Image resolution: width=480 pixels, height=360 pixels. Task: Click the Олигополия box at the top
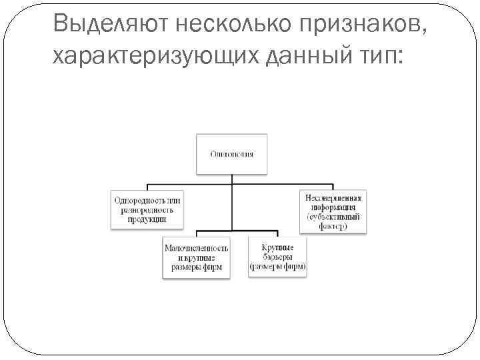coord(231,154)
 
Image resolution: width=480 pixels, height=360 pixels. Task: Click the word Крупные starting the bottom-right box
coord(277,247)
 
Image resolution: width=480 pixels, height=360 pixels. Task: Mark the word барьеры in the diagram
coord(277,257)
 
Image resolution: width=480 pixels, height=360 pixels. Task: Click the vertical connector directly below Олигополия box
coord(231,179)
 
